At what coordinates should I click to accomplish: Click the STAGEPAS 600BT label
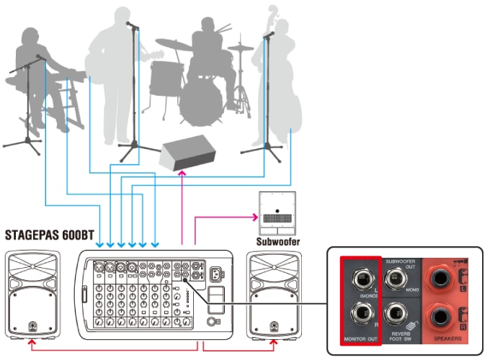49,235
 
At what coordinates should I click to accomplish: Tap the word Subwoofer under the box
277,242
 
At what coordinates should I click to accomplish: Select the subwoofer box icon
277,212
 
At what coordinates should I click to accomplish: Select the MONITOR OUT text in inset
360,338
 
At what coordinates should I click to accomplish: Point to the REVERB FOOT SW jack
396,315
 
